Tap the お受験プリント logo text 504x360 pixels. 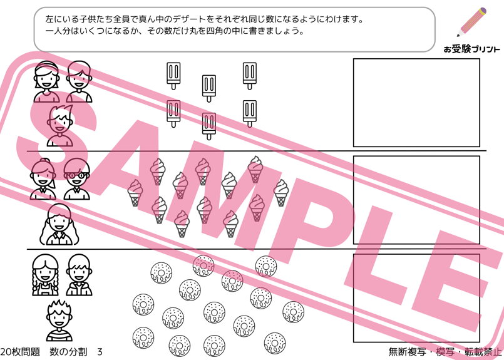click(471, 49)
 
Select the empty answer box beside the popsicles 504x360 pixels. click(416, 103)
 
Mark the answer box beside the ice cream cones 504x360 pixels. click(416, 200)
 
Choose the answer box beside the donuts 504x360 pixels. click(416, 298)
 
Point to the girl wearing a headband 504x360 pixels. click(46, 81)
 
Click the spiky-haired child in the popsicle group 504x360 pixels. click(61, 125)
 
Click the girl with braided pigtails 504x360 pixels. click(46, 275)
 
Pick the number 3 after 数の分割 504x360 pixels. click(100, 352)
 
